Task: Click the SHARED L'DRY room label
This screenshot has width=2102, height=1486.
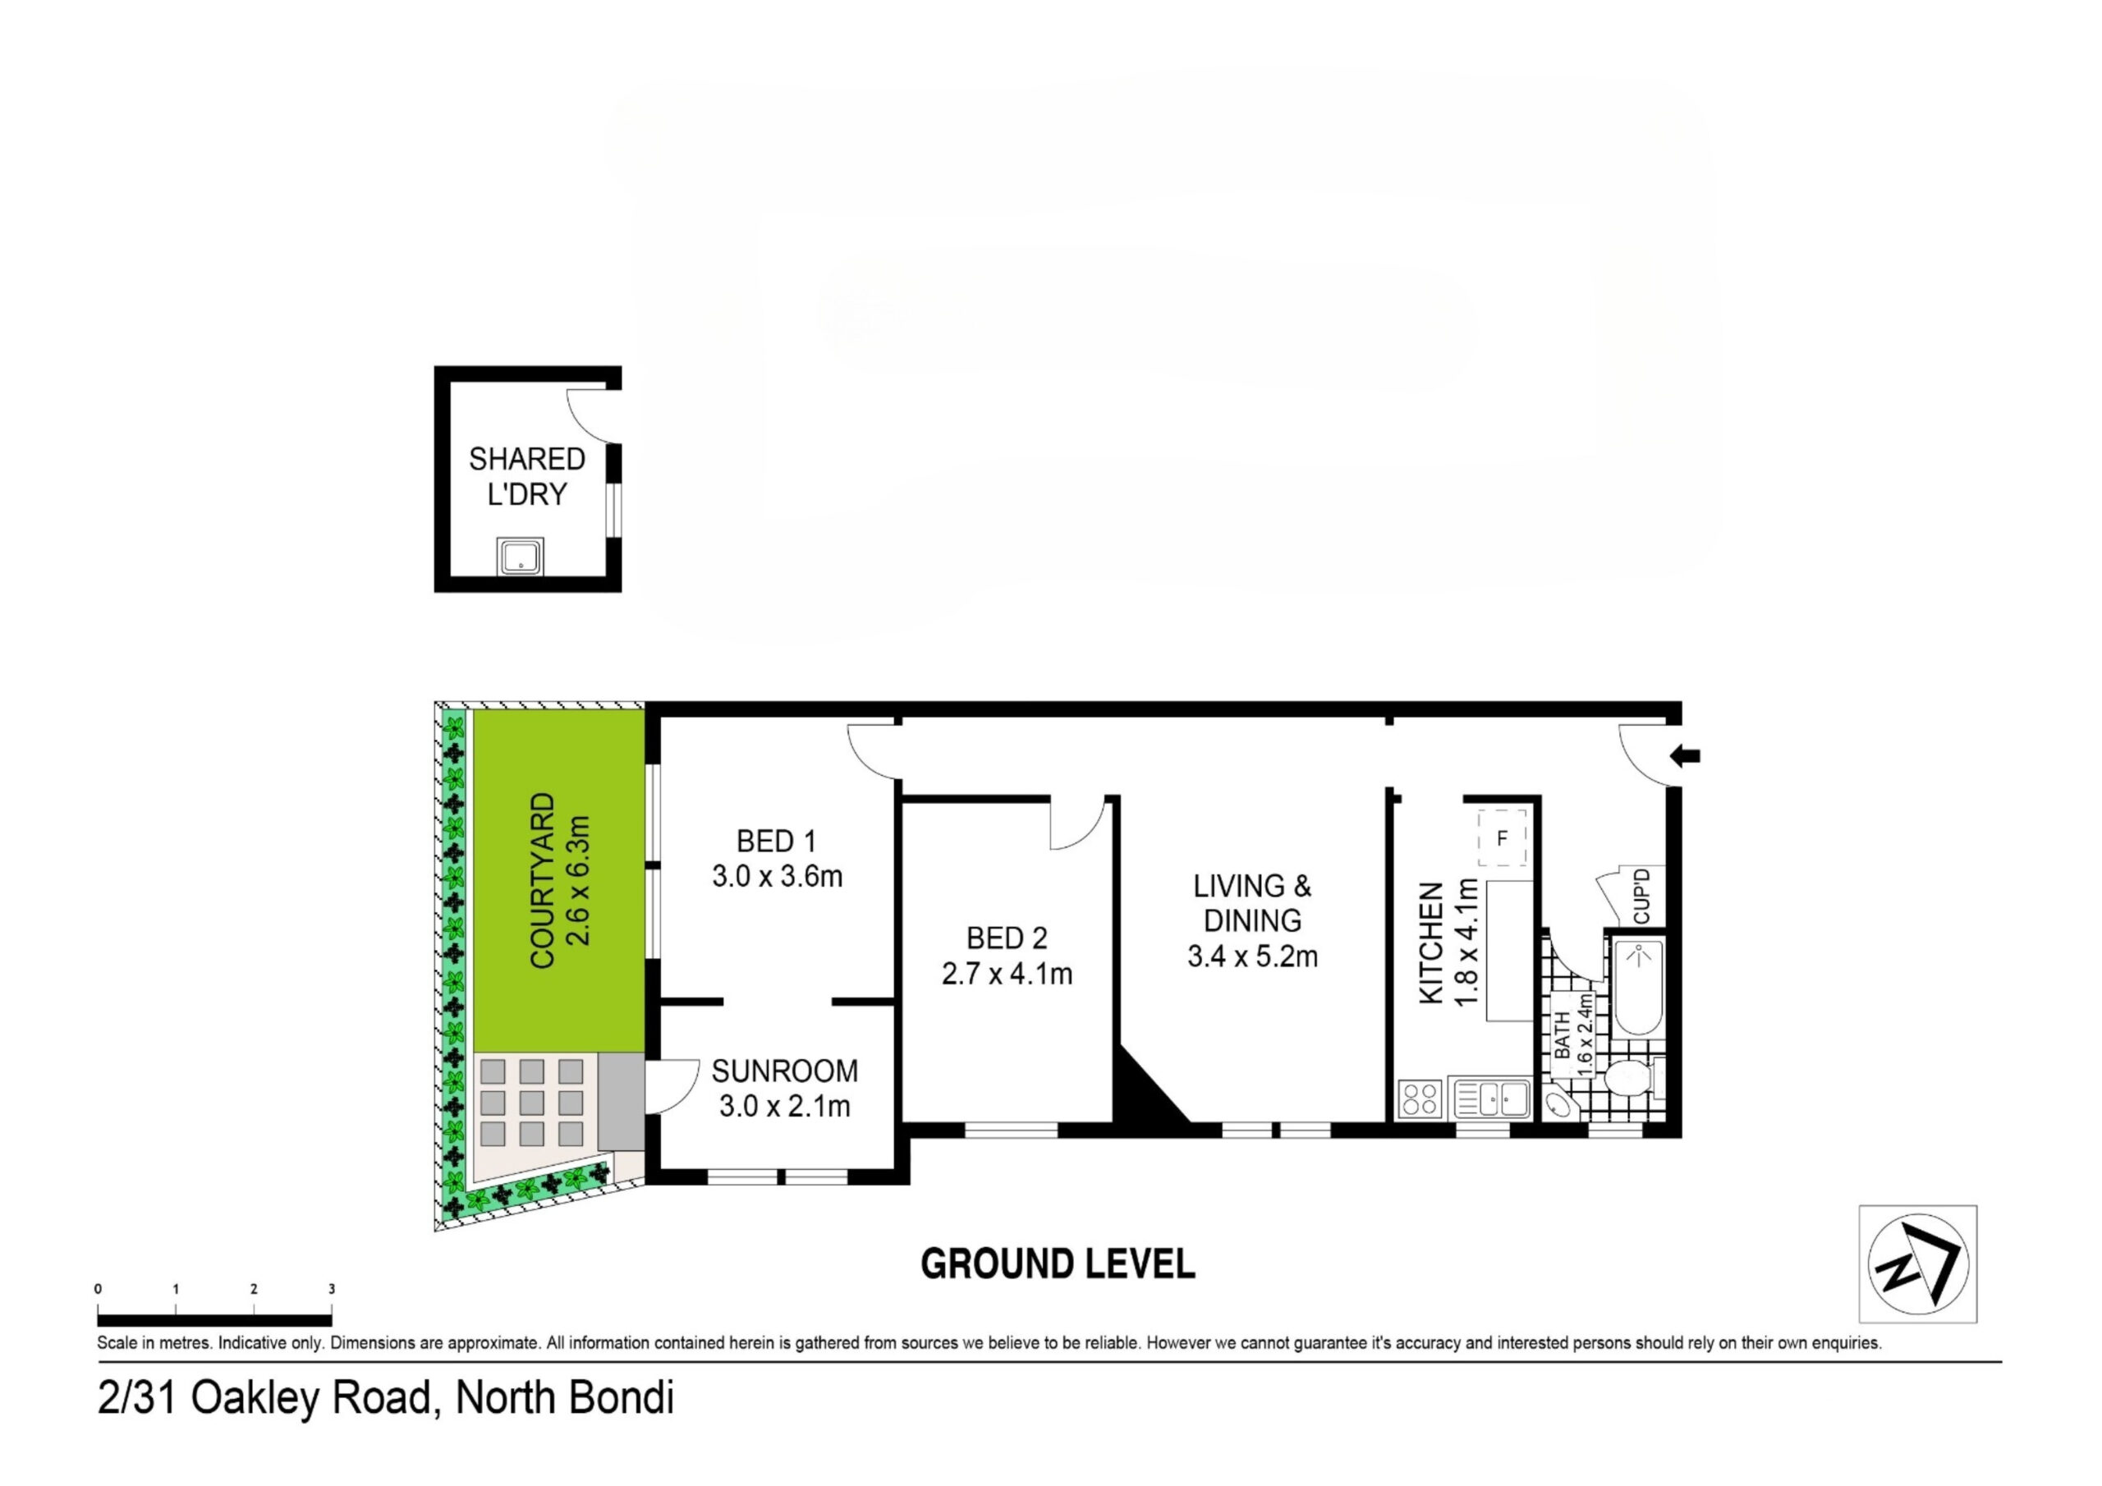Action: (527, 476)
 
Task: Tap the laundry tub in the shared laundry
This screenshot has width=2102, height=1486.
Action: (520, 557)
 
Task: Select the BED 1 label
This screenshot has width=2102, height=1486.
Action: (777, 841)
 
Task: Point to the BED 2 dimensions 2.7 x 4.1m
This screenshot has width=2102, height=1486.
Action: (1007, 973)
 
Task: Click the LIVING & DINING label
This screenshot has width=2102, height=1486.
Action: (1252, 903)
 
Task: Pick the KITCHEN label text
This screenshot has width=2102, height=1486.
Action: (1431, 943)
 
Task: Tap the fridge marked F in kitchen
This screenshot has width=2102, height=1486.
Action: (1503, 837)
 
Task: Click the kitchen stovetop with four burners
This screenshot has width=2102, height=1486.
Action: (1420, 1098)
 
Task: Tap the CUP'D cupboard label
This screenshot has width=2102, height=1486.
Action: (1641, 897)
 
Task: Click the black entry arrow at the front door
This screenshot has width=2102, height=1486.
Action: (1686, 756)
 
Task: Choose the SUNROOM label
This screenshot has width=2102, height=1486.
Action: (785, 1071)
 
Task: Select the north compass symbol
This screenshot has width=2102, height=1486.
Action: (1917, 1264)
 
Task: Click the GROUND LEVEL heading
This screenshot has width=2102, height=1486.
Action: (1058, 1264)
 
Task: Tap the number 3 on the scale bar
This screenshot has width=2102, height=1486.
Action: (332, 1288)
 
